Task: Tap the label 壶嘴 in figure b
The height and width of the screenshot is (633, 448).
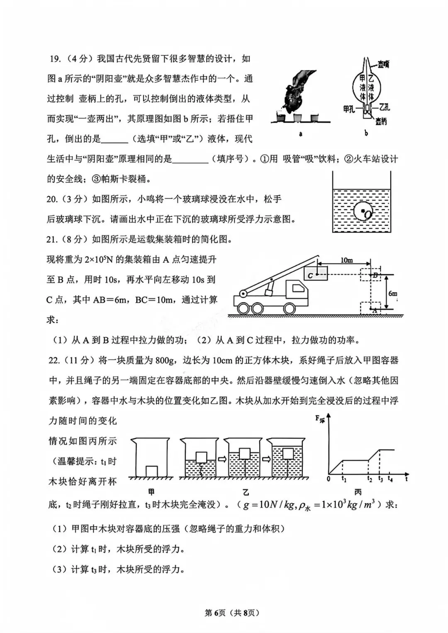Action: [383, 64]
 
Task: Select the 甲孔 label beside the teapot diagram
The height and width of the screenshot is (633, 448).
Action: [349, 109]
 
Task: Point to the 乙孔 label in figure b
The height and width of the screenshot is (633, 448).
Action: [384, 107]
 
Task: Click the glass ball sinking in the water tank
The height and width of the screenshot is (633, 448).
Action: [363, 212]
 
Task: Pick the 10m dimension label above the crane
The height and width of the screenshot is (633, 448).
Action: [346, 260]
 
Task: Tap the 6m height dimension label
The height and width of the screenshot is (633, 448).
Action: [392, 293]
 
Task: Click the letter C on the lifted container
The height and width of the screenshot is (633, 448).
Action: [310, 275]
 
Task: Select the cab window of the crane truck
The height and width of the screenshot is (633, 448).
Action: [297, 287]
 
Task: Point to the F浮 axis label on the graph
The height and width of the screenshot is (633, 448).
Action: [319, 419]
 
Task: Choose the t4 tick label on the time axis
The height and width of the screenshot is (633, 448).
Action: [390, 479]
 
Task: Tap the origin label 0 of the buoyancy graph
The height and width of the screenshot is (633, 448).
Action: [329, 479]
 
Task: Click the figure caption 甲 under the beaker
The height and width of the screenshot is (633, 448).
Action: [151, 492]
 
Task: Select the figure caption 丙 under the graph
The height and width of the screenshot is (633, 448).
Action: [358, 492]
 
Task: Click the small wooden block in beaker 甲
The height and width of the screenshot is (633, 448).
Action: [151, 471]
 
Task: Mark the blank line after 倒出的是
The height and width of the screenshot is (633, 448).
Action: [114, 140]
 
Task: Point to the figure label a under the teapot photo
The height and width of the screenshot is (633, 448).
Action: [300, 134]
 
